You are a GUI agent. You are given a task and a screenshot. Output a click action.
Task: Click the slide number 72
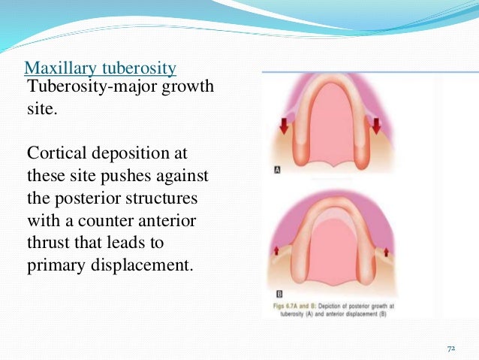pyautogui.click(x=451, y=349)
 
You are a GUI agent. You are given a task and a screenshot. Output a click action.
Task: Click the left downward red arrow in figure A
pyautogui.click(x=284, y=125)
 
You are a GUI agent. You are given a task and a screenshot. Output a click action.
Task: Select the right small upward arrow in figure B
pyautogui.click(x=385, y=250)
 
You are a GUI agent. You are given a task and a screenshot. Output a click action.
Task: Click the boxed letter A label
pyautogui.click(x=277, y=171)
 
